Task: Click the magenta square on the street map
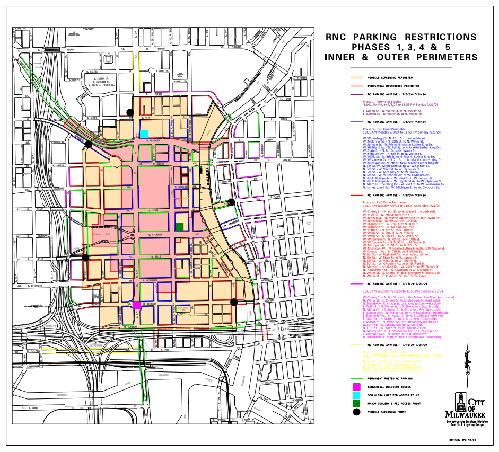pyautogui.click(x=137, y=305)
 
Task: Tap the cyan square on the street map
pyautogui.click(x=144, y=134)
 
